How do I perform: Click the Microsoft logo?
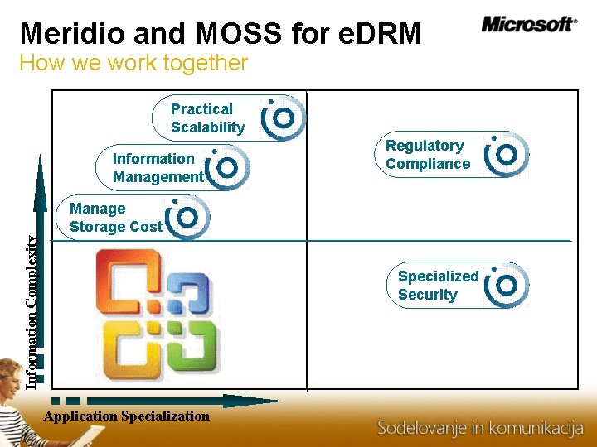click(x=528, y=24)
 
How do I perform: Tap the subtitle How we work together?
click(x=133, y=63)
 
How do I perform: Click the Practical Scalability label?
click(x=207, y=118)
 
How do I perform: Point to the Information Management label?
click(x=158, y=168)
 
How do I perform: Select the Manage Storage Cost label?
click(x=116, y=218)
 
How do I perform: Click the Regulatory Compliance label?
click(x=427, y=155)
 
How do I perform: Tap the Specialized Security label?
click(x=438, y=286)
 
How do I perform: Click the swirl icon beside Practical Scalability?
click(x=284, y=118)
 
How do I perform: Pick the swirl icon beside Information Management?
click(x=227, y=168)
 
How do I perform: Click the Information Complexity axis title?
click(x=31, y=310)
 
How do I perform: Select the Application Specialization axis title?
click(x=127, y=416)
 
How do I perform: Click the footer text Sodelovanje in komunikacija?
click(x=481, y=428)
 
